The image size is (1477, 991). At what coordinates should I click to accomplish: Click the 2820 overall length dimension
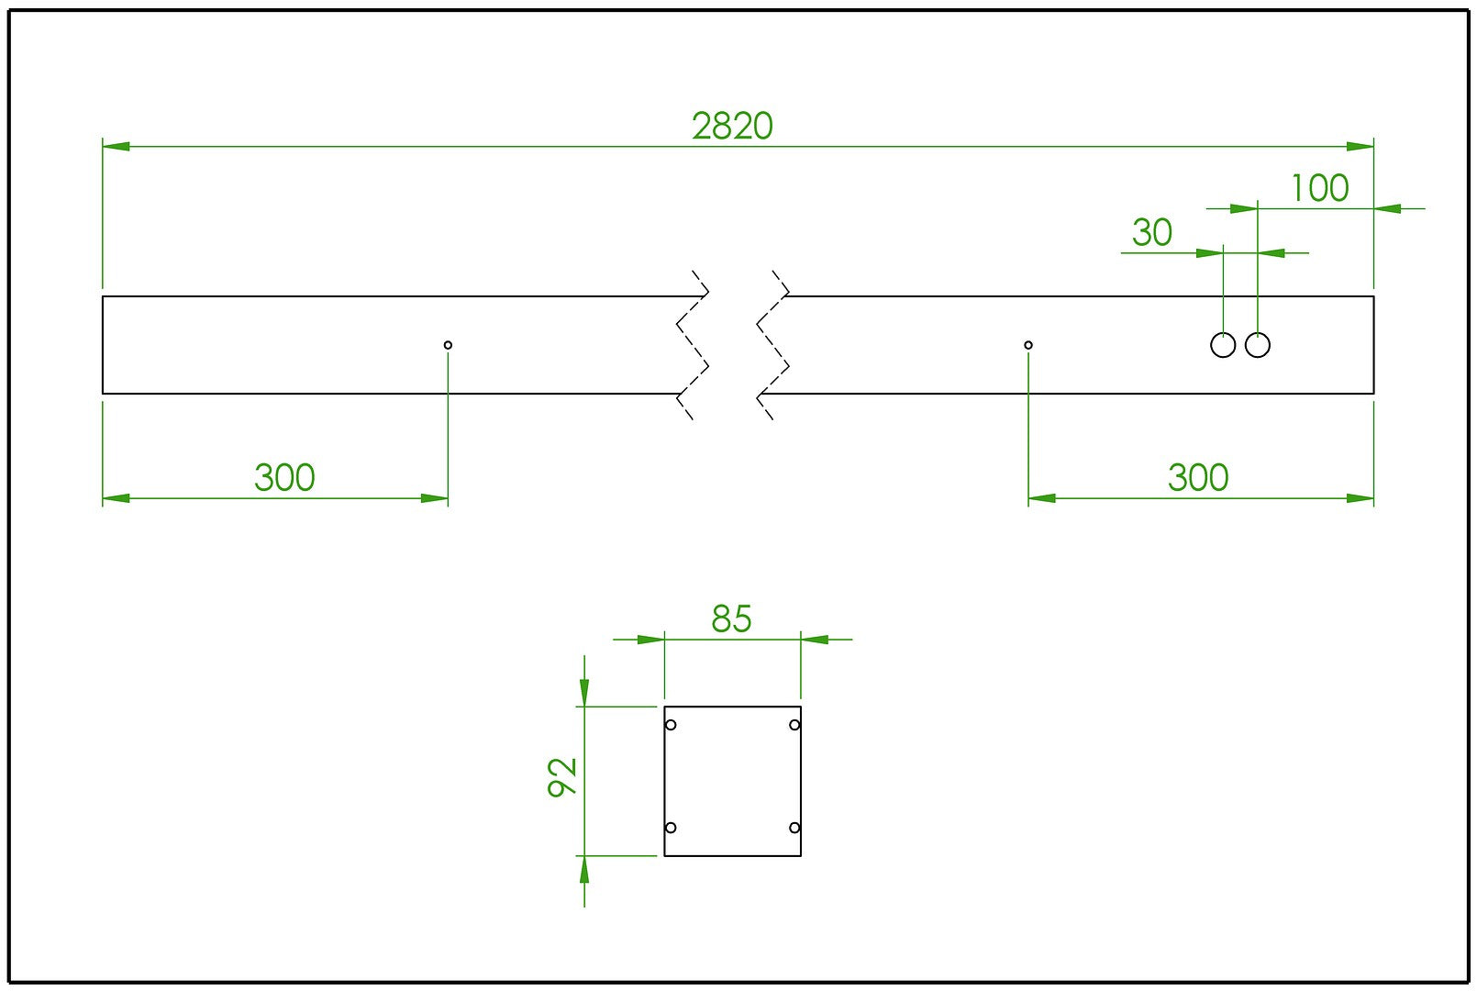(732, 126)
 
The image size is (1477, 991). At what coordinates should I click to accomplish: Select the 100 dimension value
(1319, 188)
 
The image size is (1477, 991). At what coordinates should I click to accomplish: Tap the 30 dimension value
(1152, 232)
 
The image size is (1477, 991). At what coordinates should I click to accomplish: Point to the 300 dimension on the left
(284, 477)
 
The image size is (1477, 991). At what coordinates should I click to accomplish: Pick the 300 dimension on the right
(1198, 477)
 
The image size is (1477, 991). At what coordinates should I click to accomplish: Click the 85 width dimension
(731, 618)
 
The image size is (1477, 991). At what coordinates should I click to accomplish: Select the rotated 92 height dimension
(562, 777)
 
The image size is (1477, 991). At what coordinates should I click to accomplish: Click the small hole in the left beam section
(448, 345)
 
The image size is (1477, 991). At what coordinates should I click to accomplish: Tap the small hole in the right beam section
(1028, 345)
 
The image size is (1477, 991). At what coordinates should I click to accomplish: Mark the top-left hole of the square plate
(671, 725)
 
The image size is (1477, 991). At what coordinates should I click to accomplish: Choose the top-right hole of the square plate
(794, 725)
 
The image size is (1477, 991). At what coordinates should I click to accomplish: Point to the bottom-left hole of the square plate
(671, 828)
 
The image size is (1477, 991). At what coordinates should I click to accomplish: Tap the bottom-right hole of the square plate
(794, 828)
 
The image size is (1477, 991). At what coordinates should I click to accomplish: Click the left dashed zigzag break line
(693, 345)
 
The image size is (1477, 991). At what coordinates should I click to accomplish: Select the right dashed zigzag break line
(772, 345)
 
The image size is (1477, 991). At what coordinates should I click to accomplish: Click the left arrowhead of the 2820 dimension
(116, 147)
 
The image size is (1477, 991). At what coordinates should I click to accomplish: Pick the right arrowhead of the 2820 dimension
(1360, 147)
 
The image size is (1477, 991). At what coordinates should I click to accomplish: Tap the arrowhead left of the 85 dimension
(650, 640)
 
